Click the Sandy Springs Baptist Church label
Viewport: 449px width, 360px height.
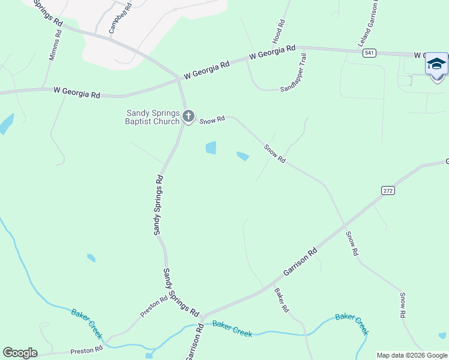tap(152, 117)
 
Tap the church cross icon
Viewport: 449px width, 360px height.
tap(188, 116)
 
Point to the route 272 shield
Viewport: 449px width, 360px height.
tap(388, 190)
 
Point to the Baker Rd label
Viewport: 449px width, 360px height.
tap(282, 301)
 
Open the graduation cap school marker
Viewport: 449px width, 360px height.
tap(436, 64)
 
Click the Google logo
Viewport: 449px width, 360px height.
tap(20, 352)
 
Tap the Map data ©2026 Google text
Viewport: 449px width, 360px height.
tap(412, 355)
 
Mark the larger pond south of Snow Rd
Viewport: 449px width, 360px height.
tap(211, 148)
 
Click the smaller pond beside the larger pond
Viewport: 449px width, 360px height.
tap(243, 157)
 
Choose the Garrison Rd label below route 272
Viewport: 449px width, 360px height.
tap(300, 263)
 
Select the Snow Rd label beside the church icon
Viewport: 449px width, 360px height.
tap(212, 120)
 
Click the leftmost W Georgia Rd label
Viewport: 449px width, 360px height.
tap(76, 92)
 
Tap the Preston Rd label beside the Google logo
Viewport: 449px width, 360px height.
tap(86, 349)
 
